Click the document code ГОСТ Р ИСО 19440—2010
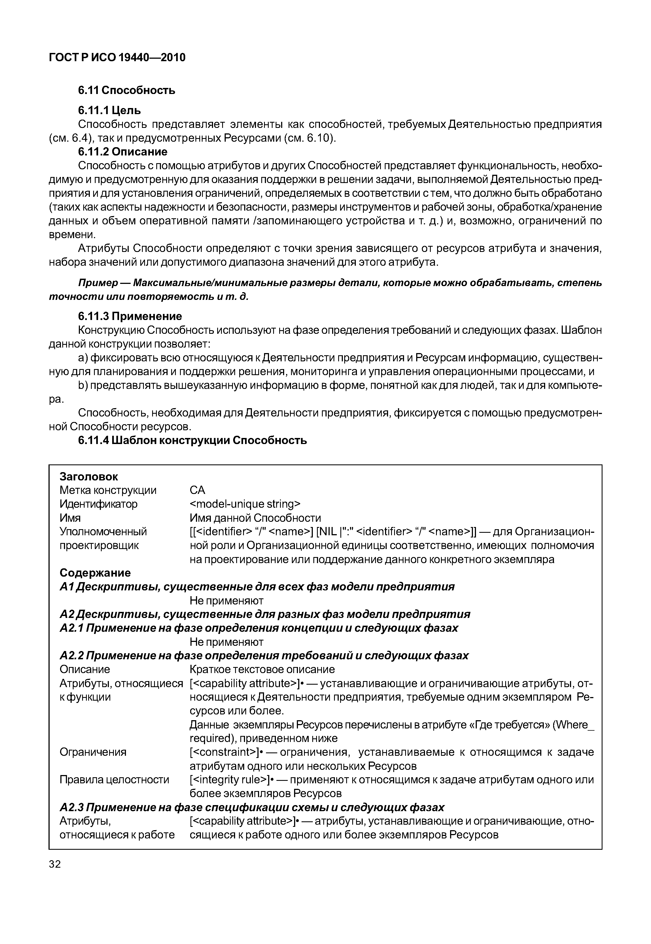click(x=117, y=58)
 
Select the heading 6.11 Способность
click(x=127, y=90)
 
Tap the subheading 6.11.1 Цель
click(x=109, y=110)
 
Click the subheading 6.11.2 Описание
click(x=122, y=152)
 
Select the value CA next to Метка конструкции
click(x=197, y=490)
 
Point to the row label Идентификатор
click(x=98, y=504)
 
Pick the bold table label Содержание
click(x=95, y=573)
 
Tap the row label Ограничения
click(x=93, y=752)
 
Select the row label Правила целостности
click(x=114, y=780)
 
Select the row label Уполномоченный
click(x=103, y=532)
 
